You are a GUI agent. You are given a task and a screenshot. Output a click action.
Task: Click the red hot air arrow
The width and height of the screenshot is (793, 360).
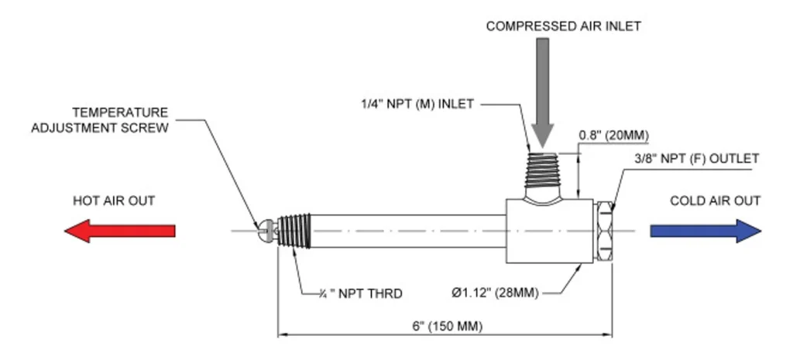pyautogui.click(x=120, y=231)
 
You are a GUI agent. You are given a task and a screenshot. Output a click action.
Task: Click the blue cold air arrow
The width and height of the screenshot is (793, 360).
pyautogui.click(x=705, y=231)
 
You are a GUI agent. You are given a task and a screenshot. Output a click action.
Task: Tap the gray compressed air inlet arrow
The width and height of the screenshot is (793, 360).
pyautogui.click(x=543, y=93)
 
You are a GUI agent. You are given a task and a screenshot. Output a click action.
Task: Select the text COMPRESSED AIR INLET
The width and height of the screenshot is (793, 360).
pyautogui.click(x=564, y=26)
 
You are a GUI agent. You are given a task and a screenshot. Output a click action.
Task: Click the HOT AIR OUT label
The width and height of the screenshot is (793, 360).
pyautogui.click(x=114, y=201)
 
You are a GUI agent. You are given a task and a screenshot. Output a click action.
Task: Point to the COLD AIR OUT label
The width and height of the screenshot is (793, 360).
pyautogui.click(x=715, y=201)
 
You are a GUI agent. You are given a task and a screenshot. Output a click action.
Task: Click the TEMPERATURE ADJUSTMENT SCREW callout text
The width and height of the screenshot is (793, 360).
pyautogui.click(x=100, y=120)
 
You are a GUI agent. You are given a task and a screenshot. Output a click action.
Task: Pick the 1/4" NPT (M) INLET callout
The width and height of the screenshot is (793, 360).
pyautogui.click(x=417, y=105)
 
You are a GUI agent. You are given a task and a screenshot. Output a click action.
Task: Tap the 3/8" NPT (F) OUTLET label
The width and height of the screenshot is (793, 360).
pyautogui.click(x=696, y=159)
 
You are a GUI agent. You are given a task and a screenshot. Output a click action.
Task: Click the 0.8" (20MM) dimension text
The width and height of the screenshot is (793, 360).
pyautogui.click(x=614, y=135)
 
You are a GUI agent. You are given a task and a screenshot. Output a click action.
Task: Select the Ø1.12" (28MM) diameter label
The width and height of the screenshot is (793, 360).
pyautogui.click(x=495, y=293)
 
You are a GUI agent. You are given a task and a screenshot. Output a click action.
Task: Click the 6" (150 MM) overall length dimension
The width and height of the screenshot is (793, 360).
pyautogui.click(x=447, y=326)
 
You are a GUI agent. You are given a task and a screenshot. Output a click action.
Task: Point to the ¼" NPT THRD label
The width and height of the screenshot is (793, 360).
pyautogui.click(x=361, y=293)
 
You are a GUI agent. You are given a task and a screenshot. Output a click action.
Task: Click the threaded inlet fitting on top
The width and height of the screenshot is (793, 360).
pyautogui.click(x=543, y=172)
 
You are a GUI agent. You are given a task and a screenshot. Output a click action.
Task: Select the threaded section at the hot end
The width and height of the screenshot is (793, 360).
pyautogui.click(x=294, y=231)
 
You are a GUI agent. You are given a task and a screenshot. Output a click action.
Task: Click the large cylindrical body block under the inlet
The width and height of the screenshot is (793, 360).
pyautogui.click(x=550, y=231)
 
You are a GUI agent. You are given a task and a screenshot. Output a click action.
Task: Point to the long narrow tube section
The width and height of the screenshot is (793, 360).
pyautogui.click(x=408, y=231)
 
